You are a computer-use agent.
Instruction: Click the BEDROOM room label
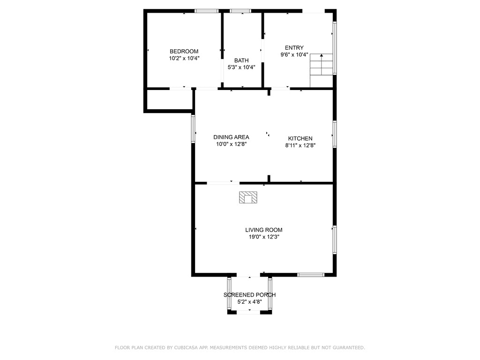[184, 52]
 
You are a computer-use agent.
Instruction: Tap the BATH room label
[241, 60]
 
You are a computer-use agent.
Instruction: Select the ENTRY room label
[294, 48]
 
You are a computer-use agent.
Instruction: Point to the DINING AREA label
[231, 137]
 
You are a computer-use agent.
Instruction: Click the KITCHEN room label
[300, 138]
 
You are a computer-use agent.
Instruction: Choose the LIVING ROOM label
[264, 230]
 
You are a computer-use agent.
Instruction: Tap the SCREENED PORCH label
[249, 295]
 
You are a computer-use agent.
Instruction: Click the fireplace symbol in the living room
[248, 197]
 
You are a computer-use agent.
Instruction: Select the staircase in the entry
[322, 70]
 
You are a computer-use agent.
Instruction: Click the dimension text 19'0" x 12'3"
[264, 237]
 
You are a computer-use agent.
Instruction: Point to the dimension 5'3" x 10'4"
[241, 67]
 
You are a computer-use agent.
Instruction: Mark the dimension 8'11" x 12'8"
[300, 145]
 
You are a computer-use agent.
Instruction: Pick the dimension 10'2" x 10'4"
[184, 58]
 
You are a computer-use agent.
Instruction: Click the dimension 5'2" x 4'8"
[249, 302]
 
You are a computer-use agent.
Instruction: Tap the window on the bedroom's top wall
[207, 11]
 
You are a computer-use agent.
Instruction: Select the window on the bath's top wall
[240, 11]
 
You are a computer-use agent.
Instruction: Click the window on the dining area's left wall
[193, 128]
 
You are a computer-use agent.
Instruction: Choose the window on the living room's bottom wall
[311, 275]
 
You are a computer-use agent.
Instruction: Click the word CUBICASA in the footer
[186, 348]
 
